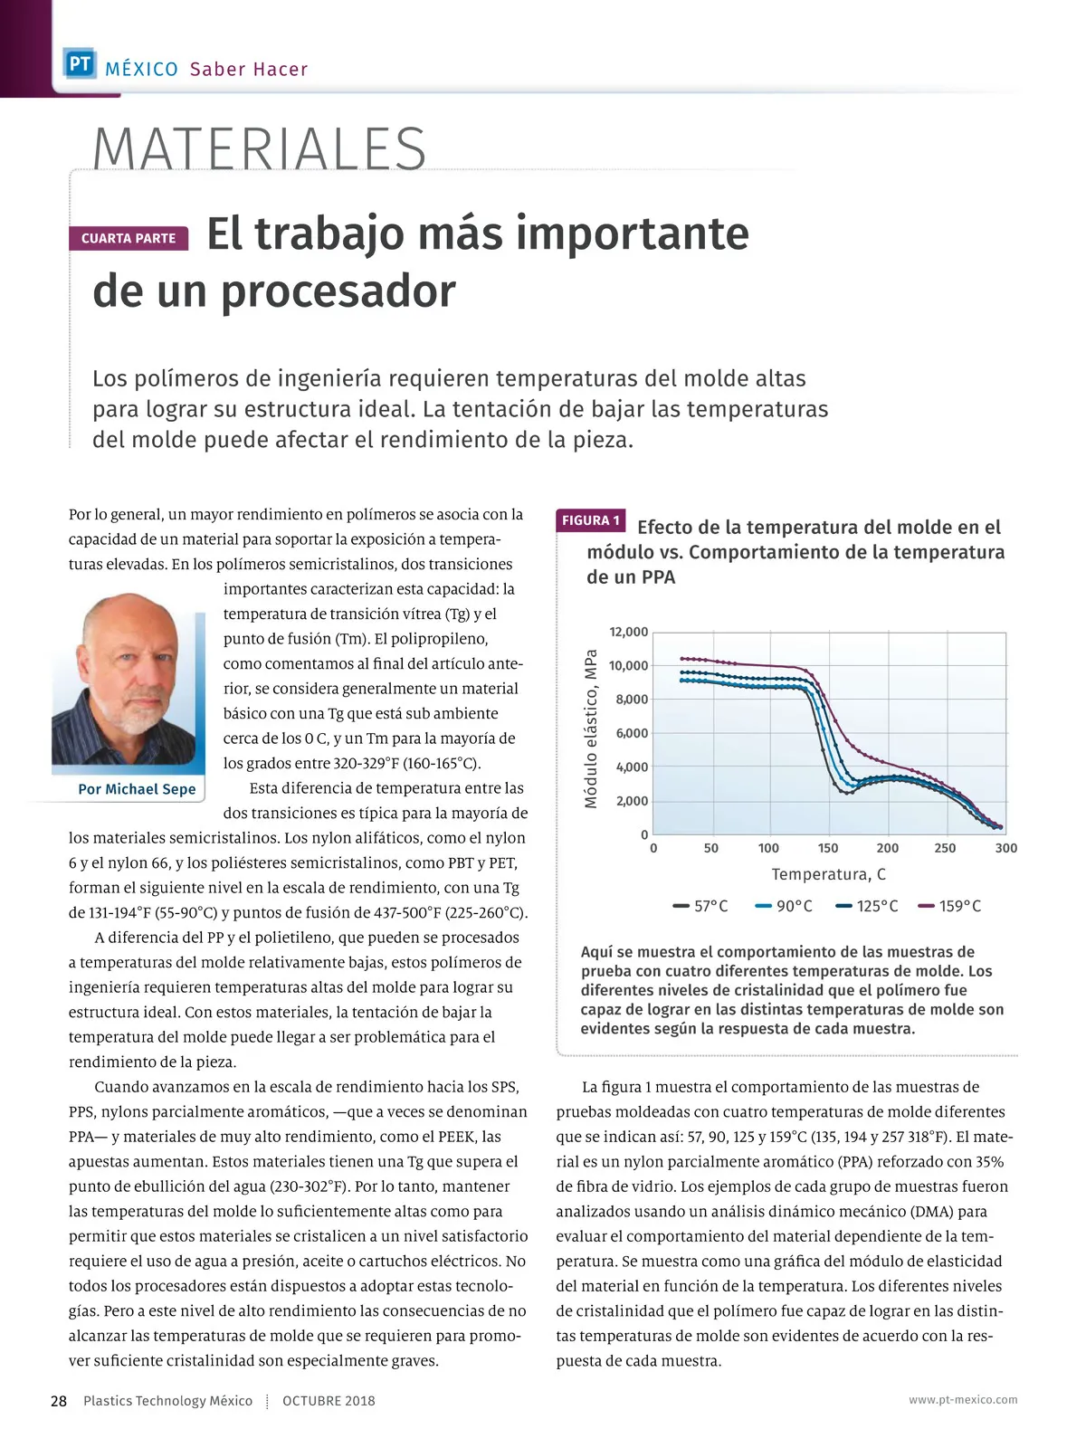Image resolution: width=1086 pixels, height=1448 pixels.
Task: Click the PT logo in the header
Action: [x=80, y=64]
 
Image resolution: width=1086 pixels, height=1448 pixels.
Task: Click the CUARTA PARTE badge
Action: [x=129, y=238]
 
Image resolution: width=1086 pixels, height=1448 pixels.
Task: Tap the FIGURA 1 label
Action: [x=591, y=520]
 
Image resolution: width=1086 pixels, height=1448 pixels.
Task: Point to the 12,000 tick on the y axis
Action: [x=628, y=632]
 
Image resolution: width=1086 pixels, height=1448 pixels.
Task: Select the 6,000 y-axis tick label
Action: [x=632, y=733]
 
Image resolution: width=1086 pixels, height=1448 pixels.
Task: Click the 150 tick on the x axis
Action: [x=828, y=848]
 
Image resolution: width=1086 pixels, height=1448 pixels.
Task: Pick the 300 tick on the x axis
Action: [x=1005, y=848]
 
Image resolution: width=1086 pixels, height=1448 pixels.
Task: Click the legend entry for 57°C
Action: [x=701, y=906]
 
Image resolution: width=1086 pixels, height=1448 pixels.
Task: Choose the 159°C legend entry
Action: [x=950, y=906]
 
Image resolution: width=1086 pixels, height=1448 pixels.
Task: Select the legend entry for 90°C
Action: [x=785, y=906]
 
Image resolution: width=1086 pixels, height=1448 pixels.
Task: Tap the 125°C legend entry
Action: [x=867, y=906]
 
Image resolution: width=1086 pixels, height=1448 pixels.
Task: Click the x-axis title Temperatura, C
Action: [x=828, y=874]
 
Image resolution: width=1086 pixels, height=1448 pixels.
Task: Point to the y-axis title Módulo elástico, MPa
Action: [x=592, y=729]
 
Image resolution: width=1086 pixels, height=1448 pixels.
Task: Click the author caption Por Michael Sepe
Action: [x=137, y=789]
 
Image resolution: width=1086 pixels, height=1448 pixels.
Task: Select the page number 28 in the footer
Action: [x=59, y=1401]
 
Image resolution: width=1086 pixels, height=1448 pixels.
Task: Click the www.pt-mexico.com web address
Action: [x=963, y=1399]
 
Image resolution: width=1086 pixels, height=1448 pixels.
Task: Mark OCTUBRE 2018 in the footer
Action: [x=329, y=1401]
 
